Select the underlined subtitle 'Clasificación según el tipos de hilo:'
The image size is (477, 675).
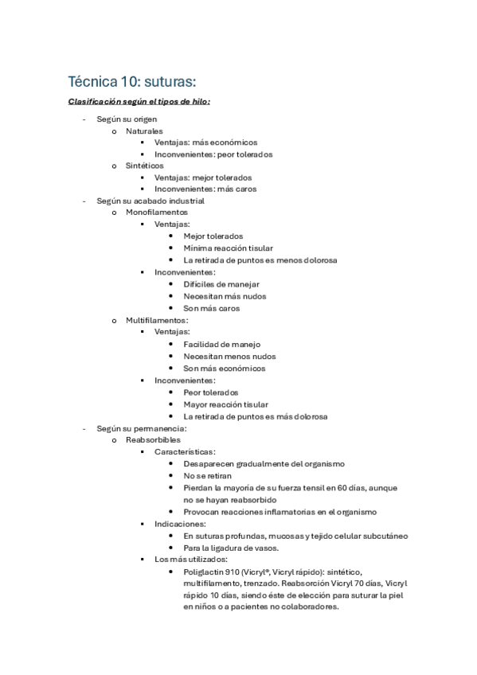point(139,102)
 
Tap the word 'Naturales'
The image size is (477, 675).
point(144,131)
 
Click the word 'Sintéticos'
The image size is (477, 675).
point(145,166)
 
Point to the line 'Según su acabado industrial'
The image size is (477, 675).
point(150,201)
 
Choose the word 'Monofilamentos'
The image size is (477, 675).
point(157,213)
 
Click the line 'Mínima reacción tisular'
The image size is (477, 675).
point(228,248)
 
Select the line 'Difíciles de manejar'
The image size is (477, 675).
point(221,284)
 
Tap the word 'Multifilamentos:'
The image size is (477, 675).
point(157,320)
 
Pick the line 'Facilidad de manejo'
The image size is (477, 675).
point(221,344)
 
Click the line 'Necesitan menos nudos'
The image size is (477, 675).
point(229,357)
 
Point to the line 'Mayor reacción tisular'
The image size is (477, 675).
point(225,404)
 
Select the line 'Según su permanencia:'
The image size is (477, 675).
point(141,427)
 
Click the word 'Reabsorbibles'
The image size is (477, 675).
point(153,439)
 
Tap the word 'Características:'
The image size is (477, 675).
point(186,451)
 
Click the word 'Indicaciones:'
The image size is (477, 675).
point(181,524)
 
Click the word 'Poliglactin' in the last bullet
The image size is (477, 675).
point(205,572)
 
